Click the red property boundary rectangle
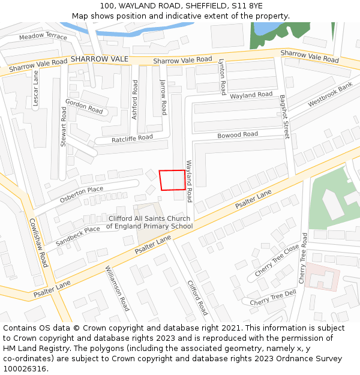coord(172,180)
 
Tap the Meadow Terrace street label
coord(43,37)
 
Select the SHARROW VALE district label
coord(100,59)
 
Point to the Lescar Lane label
coord(35,89)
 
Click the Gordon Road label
coord(84,106)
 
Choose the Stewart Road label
coord(64,126)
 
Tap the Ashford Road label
coord(135,100)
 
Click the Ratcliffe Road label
coord(133,139)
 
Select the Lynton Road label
coord(222,77)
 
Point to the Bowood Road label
coord(238,135)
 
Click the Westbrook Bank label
coord(331,95)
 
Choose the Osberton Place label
coord(82,194)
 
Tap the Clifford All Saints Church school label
coord(149,223)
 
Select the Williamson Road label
coord(117,289)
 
